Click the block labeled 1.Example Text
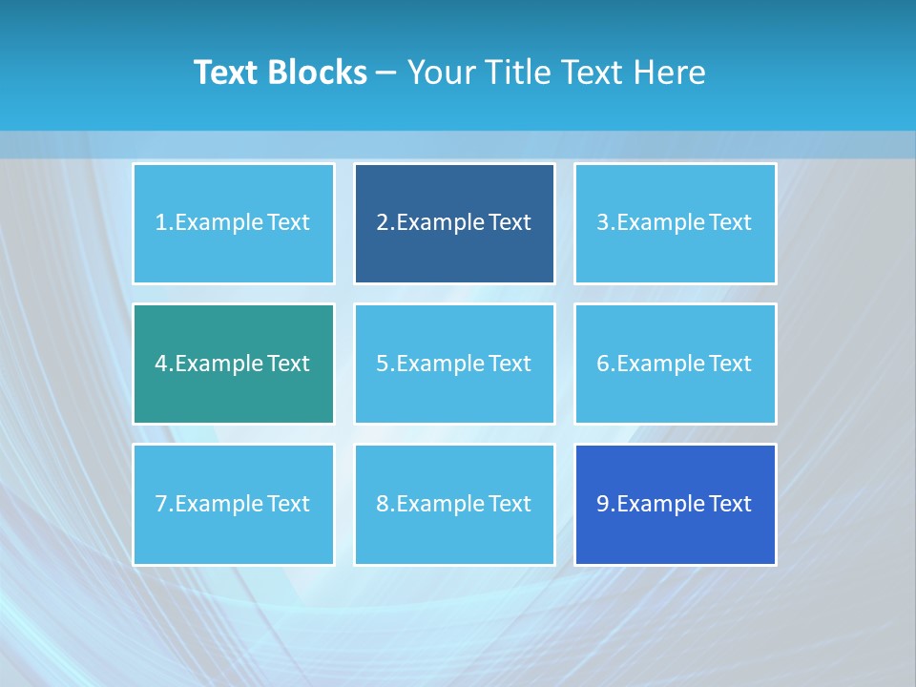pos(233,223)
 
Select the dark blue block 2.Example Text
pos(454,223)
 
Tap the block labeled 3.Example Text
pos(675,223)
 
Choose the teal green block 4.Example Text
pos(233,364)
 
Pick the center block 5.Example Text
pos(454,364)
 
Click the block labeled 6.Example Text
pos(675,364)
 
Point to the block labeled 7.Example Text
pos(233,504)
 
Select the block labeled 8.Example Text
pos(454,504)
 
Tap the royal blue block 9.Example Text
pos(675,504)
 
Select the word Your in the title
pos(440,73)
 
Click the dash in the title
pos(387,73)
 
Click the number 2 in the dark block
pos(382,223)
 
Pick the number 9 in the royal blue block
pos(603,504)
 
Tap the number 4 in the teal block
pos(161,364)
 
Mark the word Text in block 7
pos(288,504)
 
